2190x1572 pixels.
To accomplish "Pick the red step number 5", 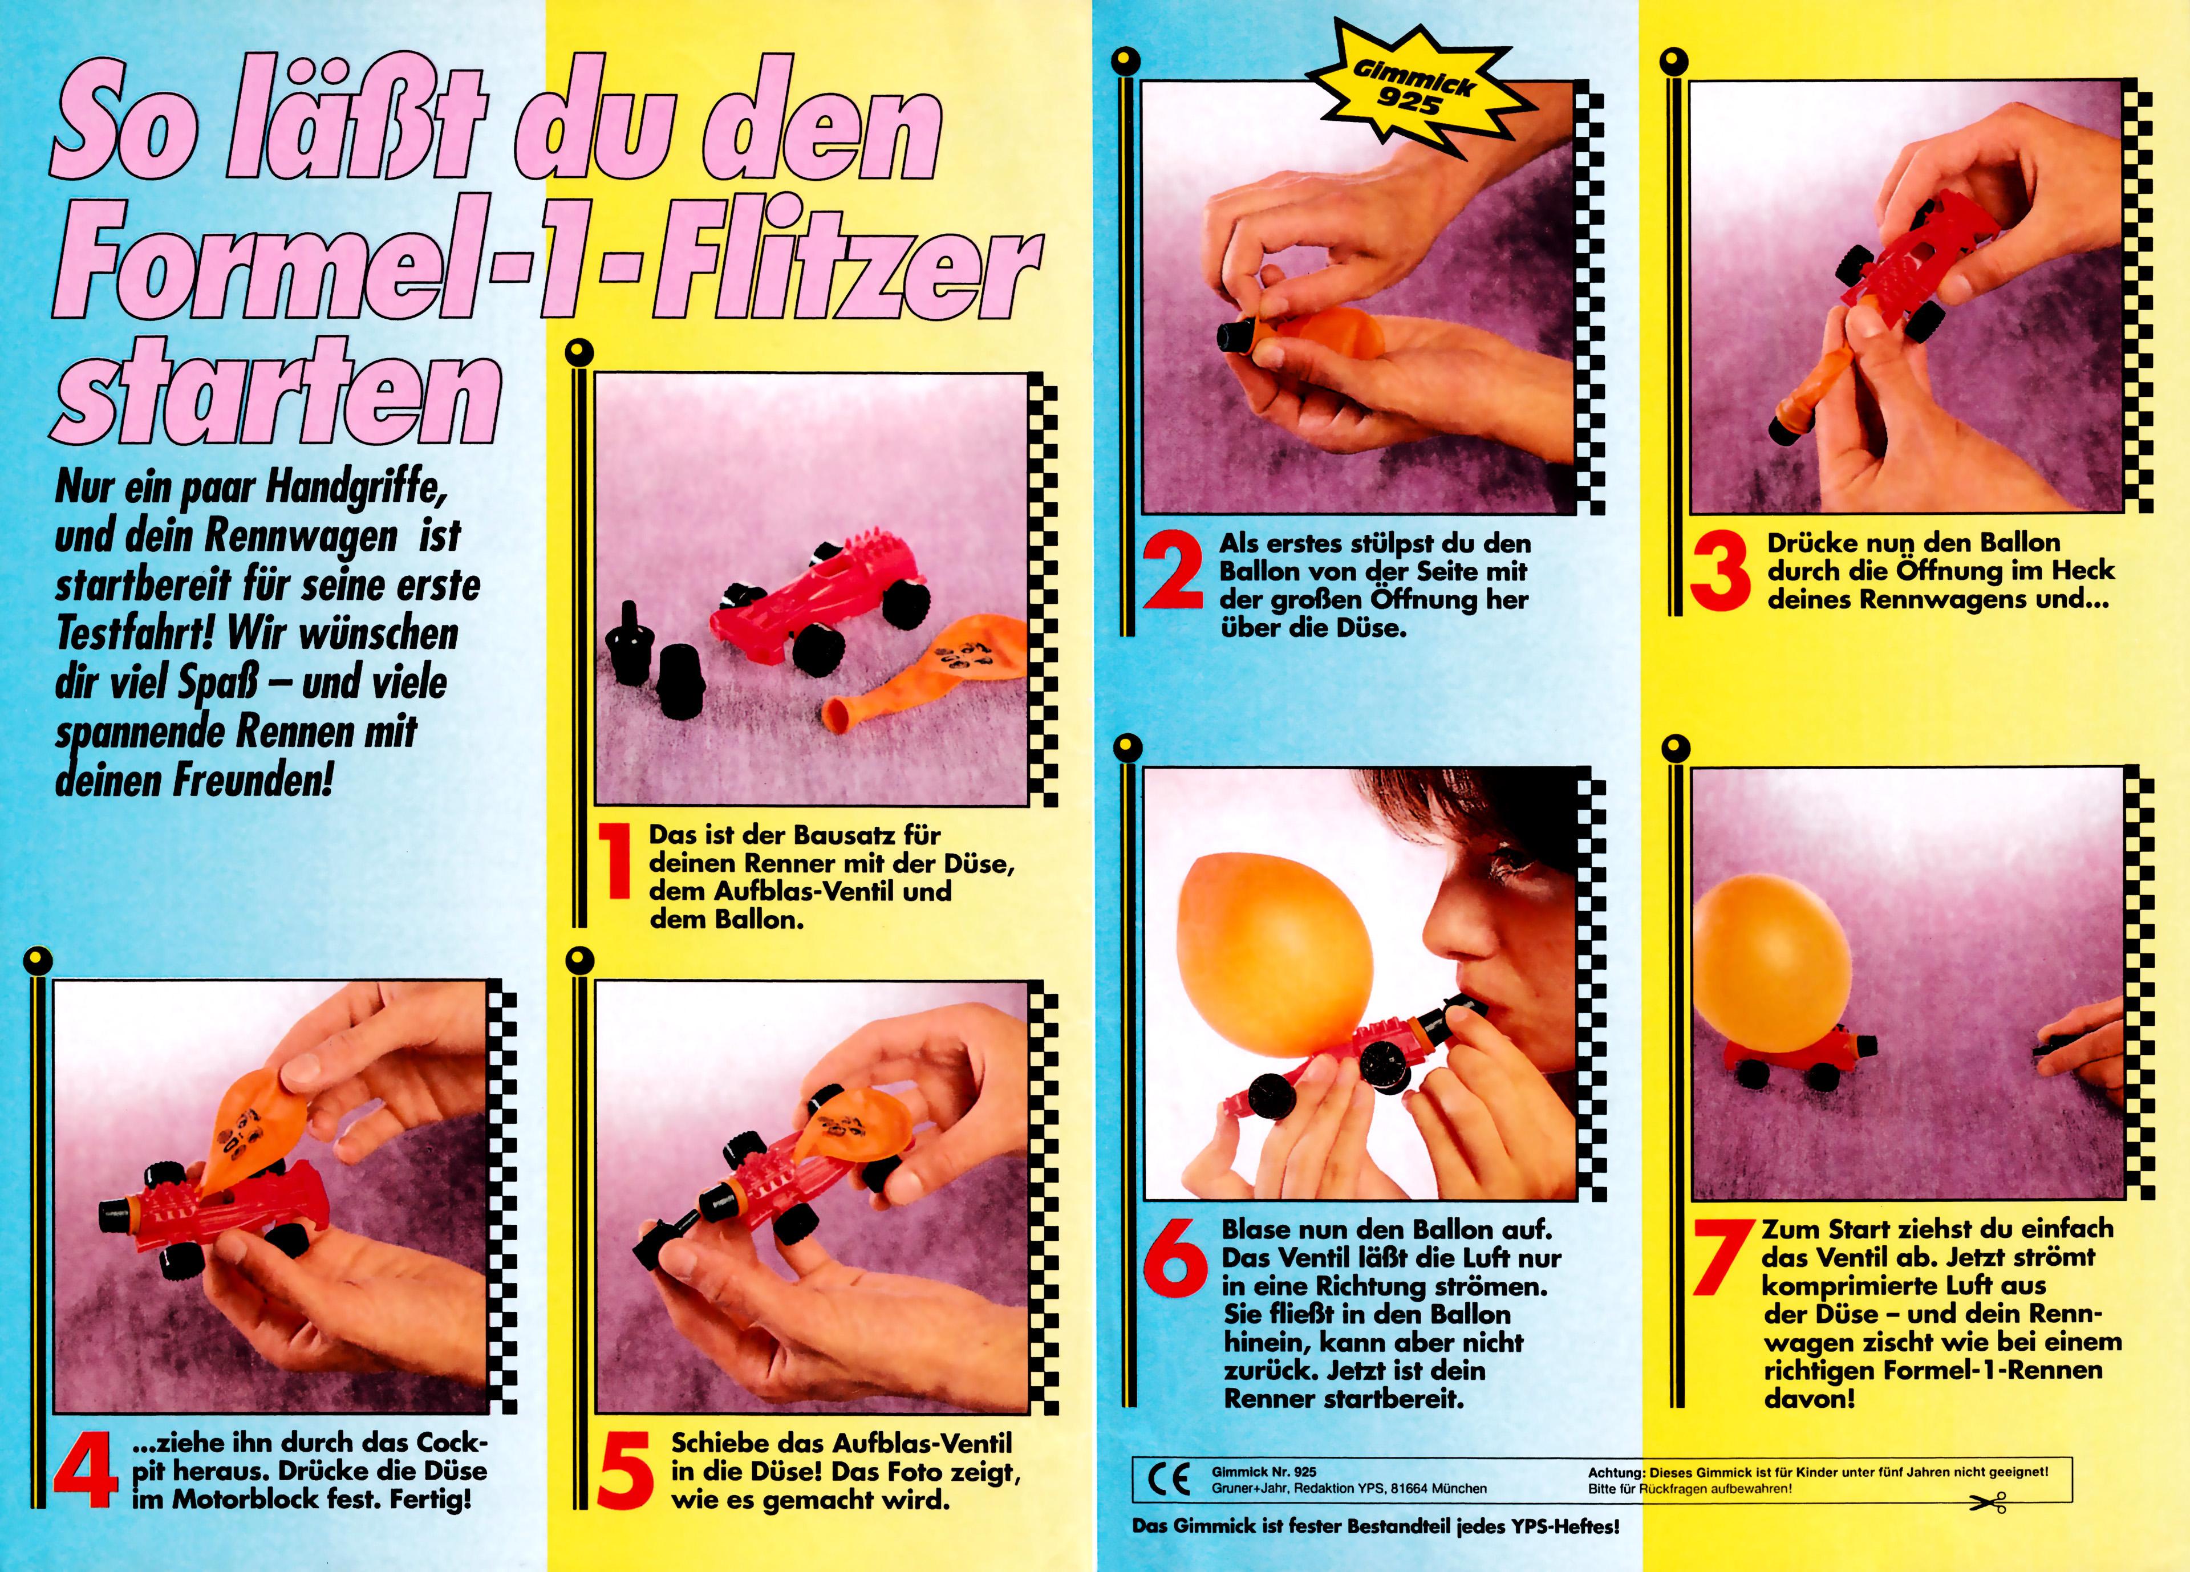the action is point(626,1471).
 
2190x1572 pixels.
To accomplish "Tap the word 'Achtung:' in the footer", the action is point(1616,1473).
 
